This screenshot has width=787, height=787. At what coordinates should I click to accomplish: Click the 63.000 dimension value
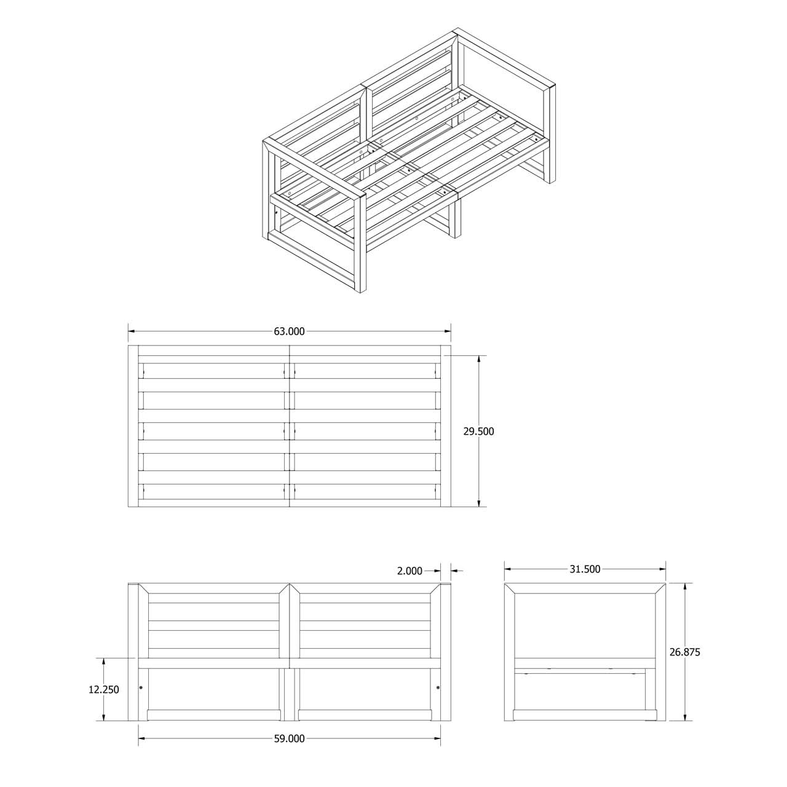click(x=289, y=331)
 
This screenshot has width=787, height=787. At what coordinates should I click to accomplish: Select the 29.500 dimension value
click(x=478, y=431)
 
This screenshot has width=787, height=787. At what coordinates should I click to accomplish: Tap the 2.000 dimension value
click(x=409, y=571)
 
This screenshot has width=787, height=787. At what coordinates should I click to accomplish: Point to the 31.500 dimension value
click(x=585, y=569)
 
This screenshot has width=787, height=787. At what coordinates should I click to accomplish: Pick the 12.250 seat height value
click(x=104, y=690)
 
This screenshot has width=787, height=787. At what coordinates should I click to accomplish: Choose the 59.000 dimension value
click(x=289, y=750)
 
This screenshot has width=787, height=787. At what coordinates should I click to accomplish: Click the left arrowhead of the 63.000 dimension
click(x=132, y=331)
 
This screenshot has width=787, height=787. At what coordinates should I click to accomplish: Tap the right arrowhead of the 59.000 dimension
click(x=437, y=750)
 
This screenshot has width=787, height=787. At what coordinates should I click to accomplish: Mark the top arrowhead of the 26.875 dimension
click(x=685, y=587)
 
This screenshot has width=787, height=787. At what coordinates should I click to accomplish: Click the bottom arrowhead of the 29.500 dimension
click(x=478, y=503)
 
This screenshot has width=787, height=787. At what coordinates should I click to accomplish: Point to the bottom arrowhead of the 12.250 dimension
click(x=104, y=717)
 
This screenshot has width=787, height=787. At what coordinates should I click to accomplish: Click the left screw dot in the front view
click(x=141, y=688)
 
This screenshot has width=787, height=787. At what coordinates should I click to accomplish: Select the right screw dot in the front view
click(x=438, y=688)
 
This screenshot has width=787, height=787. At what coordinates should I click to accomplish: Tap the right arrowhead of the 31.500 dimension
click(x=662, y=569)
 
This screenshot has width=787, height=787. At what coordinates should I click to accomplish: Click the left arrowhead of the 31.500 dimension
click(x=508, y=569)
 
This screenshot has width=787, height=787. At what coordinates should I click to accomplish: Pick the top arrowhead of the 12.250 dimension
click(x=104, y=662)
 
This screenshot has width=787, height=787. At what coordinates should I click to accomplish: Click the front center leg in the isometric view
click(x=455, y=217)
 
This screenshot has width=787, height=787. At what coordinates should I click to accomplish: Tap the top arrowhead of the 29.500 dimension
click(x=478, y=360)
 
